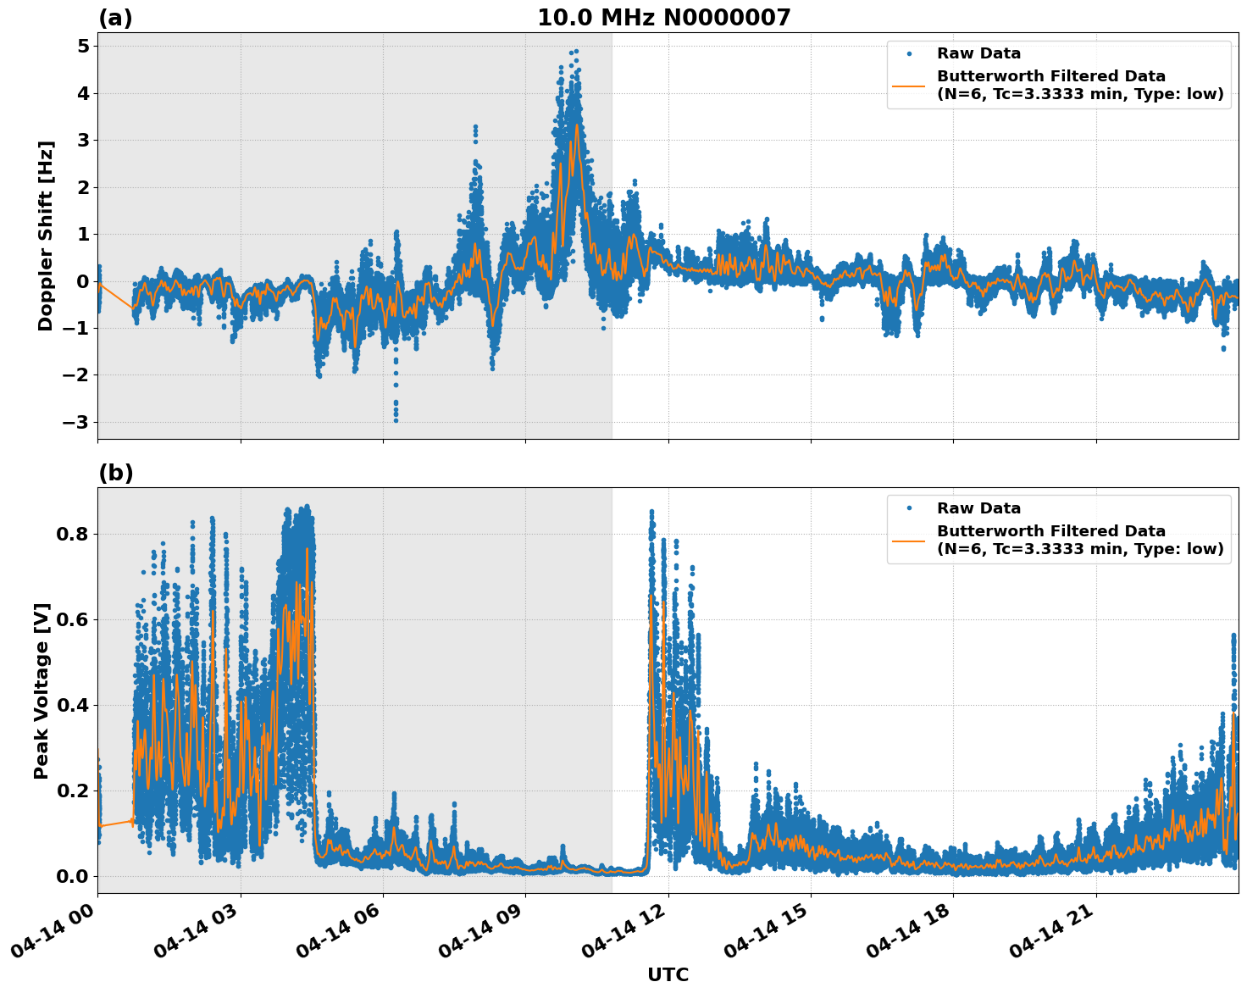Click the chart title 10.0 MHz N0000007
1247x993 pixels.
pos(663,18)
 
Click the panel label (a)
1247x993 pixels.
pos(115,18)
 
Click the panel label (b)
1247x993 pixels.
pos(115,473)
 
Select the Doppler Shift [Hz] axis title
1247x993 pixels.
pos(46,236)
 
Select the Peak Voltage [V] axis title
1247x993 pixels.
pos(42,691)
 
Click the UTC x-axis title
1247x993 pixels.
pos(668,975)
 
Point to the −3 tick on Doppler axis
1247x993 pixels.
pos(76,422)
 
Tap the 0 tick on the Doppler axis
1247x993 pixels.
pos(83,281)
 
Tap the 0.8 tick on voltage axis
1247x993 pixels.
pos(73,534)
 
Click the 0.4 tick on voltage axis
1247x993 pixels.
pos(73,705)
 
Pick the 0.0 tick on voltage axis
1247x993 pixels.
pos(73,876)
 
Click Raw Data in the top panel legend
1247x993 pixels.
pos(978,54)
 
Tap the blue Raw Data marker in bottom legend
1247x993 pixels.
pos(909,508)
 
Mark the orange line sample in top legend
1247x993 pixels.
pos(909,85)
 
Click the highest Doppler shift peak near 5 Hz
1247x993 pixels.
pos(576,51)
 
